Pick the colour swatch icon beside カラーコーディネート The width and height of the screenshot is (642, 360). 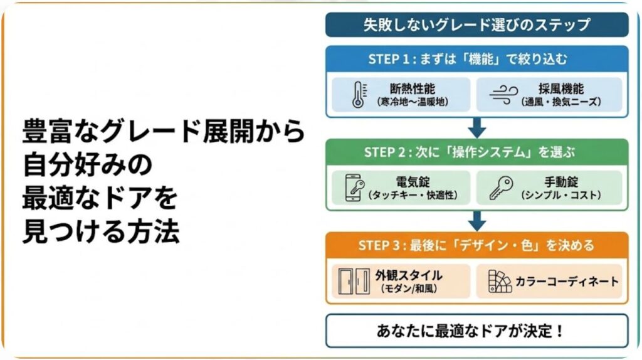tap(500, 281)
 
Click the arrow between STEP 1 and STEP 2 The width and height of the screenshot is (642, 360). tap(477, 128)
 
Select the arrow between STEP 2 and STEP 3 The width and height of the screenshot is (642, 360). tap(477, 221)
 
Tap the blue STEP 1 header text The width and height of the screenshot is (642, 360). tap(476, 60)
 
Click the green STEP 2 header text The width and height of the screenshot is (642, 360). tap(476, 152)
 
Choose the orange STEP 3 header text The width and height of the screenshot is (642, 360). tap(476, 245)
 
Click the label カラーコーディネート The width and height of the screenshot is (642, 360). tap(566, 281)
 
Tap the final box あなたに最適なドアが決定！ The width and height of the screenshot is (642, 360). tap(476, 331)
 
